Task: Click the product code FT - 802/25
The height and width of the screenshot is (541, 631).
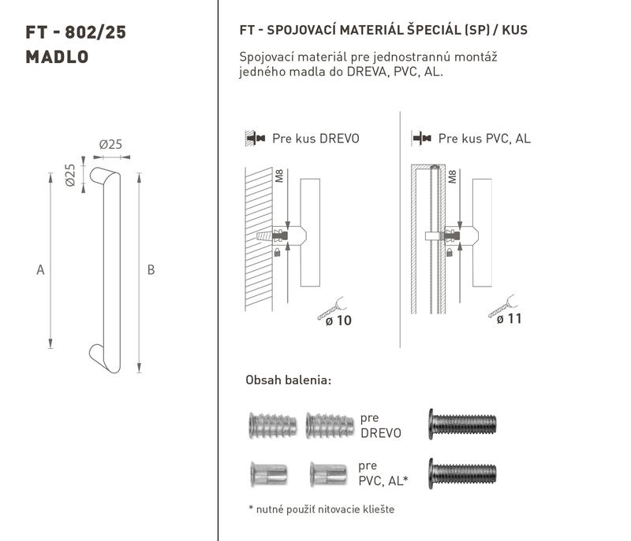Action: pyautogui.click(x=76, y=32)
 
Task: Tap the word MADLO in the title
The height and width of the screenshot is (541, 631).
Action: pyautogui.click(x=57, y=57)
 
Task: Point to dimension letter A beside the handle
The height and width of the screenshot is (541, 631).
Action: pyautogui.click(x=40, y=269)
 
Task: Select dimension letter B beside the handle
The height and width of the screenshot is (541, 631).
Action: pyautogui.click(x=151, y=269)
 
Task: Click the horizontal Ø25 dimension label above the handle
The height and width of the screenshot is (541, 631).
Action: pyautogui.click(x=110, y=144)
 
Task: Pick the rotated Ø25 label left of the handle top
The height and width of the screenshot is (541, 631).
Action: pyautogui.click(x=70, y=175)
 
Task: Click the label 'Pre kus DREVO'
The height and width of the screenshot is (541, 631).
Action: pyautogui.click(x=315, y=139)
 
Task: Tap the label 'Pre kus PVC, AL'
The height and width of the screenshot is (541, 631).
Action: pyautogui.click(x=484, y=139)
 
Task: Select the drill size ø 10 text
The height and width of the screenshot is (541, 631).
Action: pyautogui.click(x=338, y=321)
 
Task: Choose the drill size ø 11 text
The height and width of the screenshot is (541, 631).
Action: pyautogui.click(x=509, y=319)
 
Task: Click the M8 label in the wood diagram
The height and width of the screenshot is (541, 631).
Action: pyautogui.click(x=279, y=176)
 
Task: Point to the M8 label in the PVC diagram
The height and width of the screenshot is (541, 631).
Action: pyautogui.click(x=452, y=176)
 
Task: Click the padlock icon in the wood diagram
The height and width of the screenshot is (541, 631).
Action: pyautogui.click(x=277, y=252)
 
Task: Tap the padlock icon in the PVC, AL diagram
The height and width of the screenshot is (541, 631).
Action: pyautogui.click(x=450, y=252)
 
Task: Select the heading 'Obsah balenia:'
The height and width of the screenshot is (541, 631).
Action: pyautogui.click(x=289, y=380)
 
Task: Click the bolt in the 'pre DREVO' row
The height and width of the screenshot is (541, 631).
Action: pyautogui.click(x=462, y=424)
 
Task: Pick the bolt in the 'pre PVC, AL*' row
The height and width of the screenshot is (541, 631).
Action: pyautogui.click(x=462, y=473)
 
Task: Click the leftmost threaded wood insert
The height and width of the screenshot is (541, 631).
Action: pyautogui.click(x=273, y=425)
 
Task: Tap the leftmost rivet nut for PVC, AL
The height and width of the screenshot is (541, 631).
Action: pyautogui.click(x=268, y=474)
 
